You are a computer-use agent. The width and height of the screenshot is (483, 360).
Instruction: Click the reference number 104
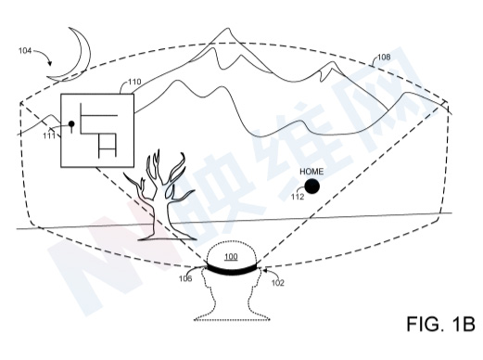click(x=25, y=50)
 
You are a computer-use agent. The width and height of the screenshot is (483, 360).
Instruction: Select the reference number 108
click(x=384, y=57)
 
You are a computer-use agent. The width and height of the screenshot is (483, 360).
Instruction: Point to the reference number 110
click(x=134, y=82)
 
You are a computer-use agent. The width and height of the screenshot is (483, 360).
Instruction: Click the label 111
click(x=49, y=135)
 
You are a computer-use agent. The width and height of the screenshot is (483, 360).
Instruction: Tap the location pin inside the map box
click(x=71, y=126)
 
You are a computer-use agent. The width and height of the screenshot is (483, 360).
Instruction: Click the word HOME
click(x=311, y=172)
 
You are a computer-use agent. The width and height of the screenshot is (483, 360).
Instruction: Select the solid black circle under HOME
click(x=311, y=186)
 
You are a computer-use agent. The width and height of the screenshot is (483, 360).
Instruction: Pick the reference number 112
click(x=298, y=197)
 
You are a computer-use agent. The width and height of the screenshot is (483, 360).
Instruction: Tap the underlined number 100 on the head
click(x=231, y=256)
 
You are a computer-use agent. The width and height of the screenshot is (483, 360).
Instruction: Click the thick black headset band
click(x=232, y=269)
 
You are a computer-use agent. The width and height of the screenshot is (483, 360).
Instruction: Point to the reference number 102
click(x=277, y=283)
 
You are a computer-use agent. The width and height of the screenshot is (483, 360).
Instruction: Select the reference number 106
click(x=185, y=278)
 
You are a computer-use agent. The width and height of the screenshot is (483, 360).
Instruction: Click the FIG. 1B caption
click(x=440, y=324)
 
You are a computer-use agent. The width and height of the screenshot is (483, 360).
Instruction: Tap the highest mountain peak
click(x=228, y=29)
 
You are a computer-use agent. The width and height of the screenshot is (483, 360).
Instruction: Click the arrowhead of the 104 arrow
click(x=49, y=63)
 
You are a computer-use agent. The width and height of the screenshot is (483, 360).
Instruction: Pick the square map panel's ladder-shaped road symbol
click(x=108, y=146)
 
